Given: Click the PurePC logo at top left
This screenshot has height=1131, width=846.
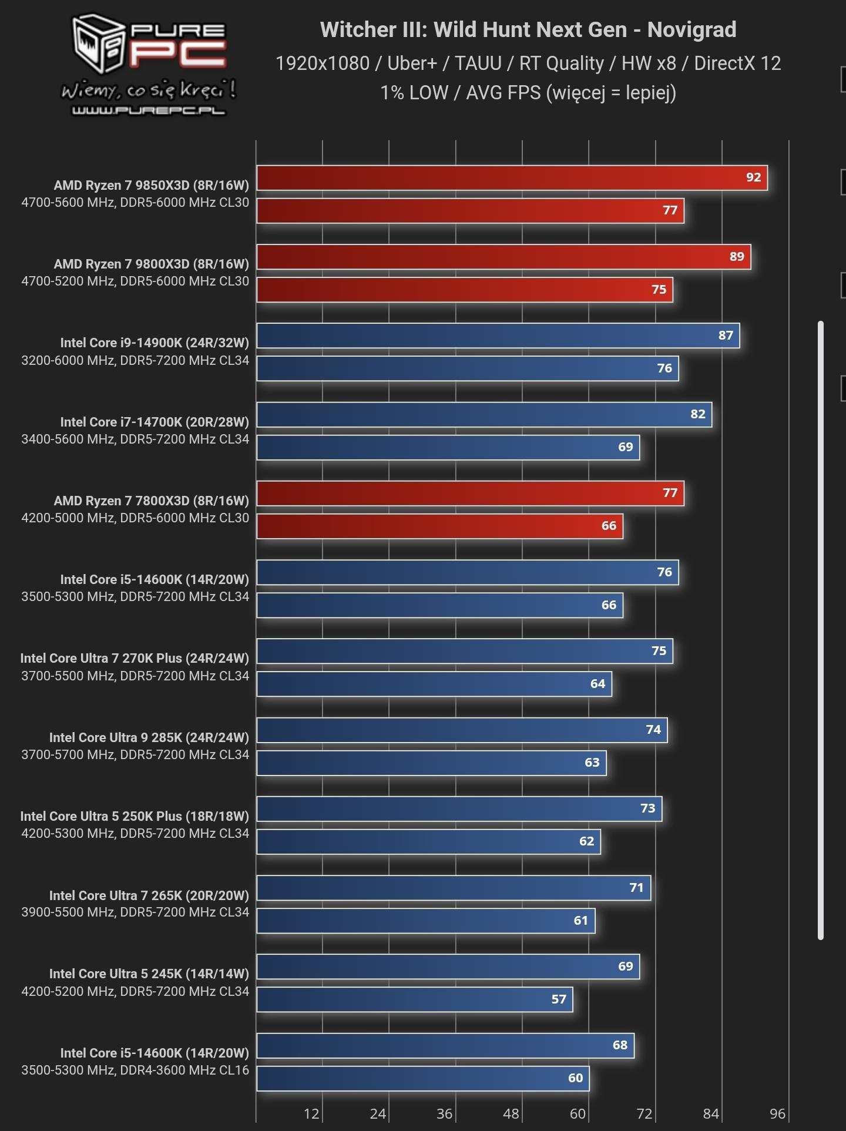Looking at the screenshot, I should (x=149, y=65).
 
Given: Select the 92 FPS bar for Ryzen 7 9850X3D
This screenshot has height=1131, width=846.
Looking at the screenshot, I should (x=511, y=178).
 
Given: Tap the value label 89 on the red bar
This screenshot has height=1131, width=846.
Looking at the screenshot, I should (x=736, y=257).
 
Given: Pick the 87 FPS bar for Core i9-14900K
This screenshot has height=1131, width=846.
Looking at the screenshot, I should (x=498, y=335).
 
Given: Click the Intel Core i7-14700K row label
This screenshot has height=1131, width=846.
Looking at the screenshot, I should (x=155, y=422).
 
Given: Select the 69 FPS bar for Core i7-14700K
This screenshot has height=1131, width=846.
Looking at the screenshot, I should (x=448, y=448).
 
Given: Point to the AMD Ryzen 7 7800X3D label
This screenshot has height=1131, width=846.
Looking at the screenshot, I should (x=151, y=501).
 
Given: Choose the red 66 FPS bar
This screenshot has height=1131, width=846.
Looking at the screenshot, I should (x=439, y=526).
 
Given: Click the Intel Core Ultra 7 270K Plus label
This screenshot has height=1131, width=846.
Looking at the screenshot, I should (x=135, y=658).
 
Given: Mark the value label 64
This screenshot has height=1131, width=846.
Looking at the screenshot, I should (x=597, y=684).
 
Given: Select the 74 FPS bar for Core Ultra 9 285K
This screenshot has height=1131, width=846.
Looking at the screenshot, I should (x=462, y=730).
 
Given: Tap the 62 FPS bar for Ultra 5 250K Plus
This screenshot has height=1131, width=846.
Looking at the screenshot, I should (x=428, y=842).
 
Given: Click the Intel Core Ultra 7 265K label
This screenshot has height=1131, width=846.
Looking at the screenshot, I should (x=149, y=895).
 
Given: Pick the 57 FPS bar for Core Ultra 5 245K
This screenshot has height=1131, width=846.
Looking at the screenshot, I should (x=414, y=1000).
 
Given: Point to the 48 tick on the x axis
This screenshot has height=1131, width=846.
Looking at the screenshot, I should (x=511, y=1113).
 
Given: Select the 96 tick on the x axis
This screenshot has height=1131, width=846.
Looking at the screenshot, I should (x=777, y=1113).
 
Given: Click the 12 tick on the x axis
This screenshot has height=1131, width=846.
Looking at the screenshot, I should (x=311, y=1113).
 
